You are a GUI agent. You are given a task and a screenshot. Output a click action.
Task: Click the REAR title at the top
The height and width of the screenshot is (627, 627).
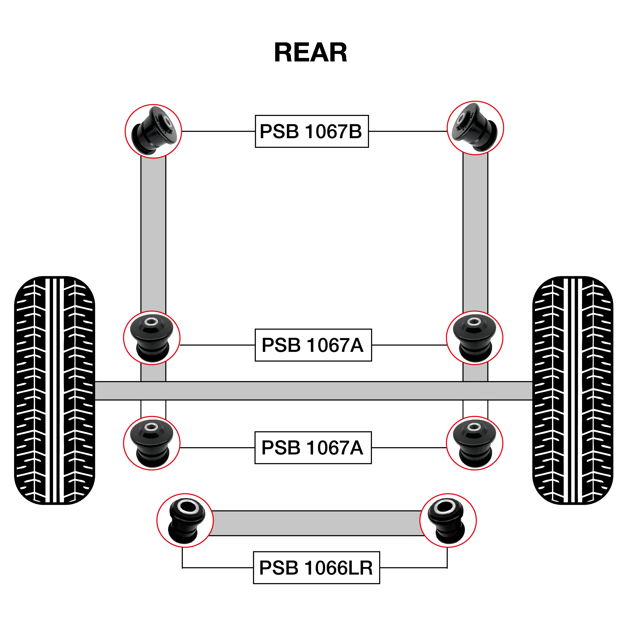(x=310, y=53)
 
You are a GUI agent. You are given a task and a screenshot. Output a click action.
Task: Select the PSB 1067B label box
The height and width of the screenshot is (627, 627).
(x=311, y=131)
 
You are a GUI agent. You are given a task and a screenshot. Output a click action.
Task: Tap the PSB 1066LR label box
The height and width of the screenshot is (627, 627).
(x=316, y=568)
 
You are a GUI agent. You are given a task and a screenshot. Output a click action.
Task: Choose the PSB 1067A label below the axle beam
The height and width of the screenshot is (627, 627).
(x=313, y=447)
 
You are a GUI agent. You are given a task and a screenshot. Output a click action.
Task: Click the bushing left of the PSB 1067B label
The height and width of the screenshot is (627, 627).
(x=153, y=131)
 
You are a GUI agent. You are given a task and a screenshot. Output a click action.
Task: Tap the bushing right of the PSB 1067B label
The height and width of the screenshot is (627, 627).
(x=475, y=128)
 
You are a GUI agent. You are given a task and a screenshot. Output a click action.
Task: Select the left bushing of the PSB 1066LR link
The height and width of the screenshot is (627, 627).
(x=185, y=520)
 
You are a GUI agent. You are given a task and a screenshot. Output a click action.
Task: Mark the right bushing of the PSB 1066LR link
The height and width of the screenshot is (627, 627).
(x=448, y=520)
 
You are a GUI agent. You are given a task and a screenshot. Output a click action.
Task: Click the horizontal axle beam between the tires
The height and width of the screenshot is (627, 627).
(x=313, y=391)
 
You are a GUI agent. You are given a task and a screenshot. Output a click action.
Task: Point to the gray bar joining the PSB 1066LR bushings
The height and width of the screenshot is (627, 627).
(x=317, y=523)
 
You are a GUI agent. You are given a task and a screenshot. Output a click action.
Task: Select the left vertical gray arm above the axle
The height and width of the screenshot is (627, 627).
(x=153, y=234)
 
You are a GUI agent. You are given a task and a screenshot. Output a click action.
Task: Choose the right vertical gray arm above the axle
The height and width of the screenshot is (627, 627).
(x=475, y=234)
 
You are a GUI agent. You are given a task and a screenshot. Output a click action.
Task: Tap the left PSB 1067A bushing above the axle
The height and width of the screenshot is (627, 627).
(x=151, y=338)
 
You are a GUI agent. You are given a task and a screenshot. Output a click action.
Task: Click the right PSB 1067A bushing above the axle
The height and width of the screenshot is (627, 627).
(x=475, y=338)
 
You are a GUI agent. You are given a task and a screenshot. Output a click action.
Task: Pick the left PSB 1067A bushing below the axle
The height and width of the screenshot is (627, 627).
(x=151, y=443)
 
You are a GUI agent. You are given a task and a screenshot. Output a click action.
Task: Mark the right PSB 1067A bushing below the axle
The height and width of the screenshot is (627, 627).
(x=475, y=443)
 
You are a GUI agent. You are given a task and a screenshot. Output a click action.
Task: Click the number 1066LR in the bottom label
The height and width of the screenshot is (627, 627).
(x=339, y=568)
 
